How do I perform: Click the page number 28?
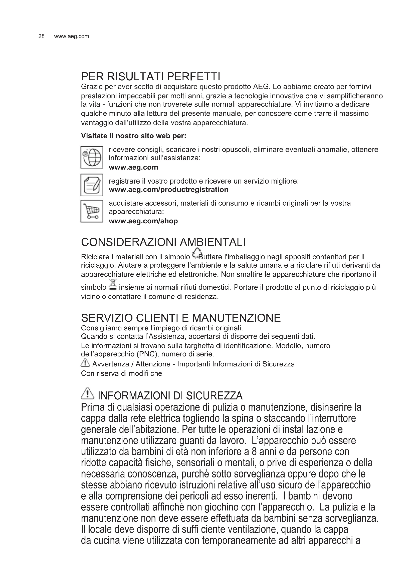[x=41, y=36]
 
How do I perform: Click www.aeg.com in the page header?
[x=71, y=36]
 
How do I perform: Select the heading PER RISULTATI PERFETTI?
[x=150, y=77]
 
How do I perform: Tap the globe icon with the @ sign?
[x=92, y=157]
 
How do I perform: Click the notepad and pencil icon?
[x=92, y=185]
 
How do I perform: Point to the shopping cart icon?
[x=92, y=211]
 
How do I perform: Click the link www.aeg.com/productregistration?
[x=168, y=190]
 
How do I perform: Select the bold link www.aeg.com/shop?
[x=143, y=221]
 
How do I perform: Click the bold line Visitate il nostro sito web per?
[x=134, y=136]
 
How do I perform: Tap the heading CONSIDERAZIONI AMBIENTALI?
[x=163, y=242]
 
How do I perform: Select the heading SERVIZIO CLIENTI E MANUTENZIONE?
[x=181, y=318]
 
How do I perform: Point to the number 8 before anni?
[x=254, y=452]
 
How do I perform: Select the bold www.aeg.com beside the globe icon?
[x=133, y=167]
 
